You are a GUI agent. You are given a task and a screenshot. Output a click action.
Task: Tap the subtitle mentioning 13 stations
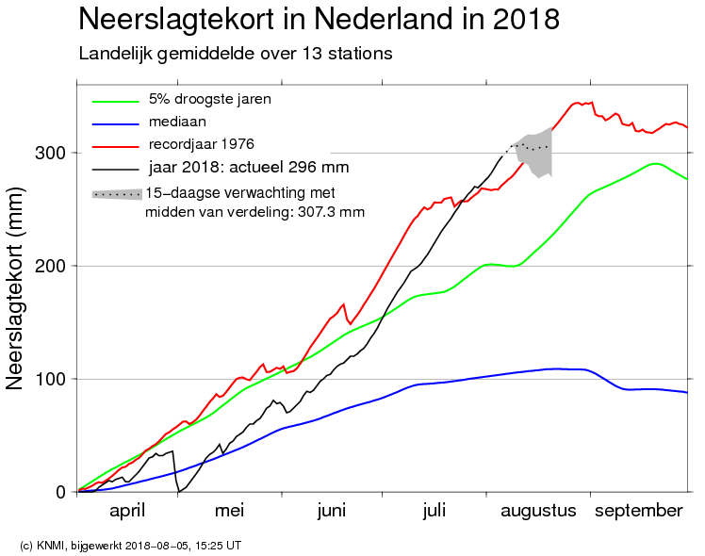point(235,54)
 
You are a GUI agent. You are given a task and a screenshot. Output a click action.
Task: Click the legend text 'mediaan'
point(176,122)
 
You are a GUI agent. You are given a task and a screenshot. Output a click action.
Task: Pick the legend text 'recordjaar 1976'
point(201,144)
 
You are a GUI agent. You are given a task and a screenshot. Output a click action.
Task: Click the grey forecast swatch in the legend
point(116,193)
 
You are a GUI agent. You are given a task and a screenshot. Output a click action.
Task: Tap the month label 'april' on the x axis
point(126,511)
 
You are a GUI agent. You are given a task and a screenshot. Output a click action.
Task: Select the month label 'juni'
point(332,511)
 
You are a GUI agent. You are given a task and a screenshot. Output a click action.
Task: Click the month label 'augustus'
point(537,511)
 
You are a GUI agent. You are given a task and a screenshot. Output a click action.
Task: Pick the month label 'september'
point(638,511)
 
